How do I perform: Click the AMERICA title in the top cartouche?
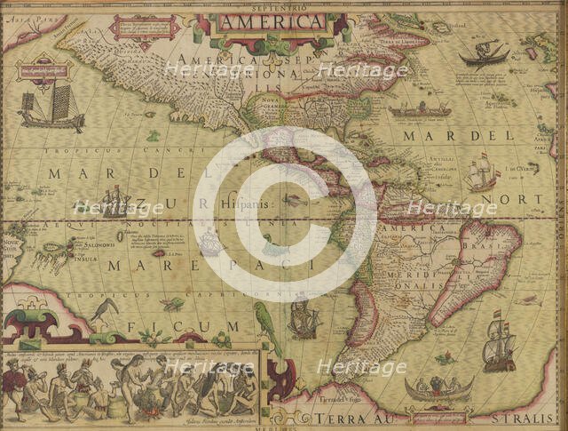tap(272, 21)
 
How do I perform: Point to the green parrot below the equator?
tap(263, 317)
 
